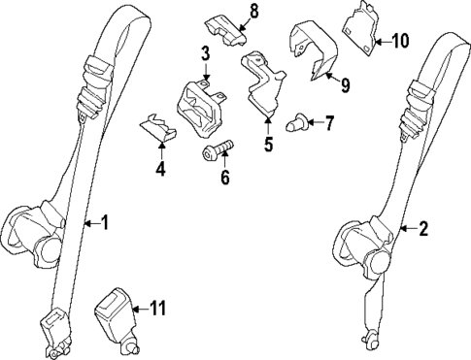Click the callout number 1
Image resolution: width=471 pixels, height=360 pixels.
click(106, 222)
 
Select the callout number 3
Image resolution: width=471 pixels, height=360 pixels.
click(206, 51)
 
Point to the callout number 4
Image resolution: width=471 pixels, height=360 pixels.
click(161, 171)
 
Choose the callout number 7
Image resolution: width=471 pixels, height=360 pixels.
click(329, 123)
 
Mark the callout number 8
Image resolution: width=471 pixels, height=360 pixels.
click(254, 11)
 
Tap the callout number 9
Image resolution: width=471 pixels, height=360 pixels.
click(345, 84)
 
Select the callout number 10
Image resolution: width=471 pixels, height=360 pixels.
click(401, 41)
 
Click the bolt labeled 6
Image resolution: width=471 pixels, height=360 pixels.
click(217, 150)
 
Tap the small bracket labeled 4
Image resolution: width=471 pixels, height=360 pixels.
click(157, 127)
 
